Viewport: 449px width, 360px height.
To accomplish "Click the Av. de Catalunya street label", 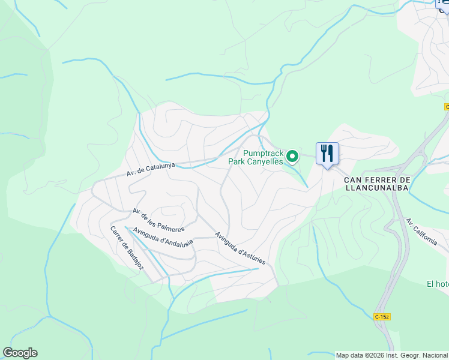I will tap(151, 169).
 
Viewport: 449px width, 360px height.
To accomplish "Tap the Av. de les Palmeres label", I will tap(158, 220).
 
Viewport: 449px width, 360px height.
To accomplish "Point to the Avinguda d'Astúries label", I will tap(240, 248).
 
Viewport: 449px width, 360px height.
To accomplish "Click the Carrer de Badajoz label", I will tap(127, 248).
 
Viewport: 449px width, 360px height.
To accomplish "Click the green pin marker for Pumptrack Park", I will tap(292, 157).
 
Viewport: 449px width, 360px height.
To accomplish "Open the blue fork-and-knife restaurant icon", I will tap(327, 154).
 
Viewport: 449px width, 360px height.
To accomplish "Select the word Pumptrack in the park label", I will tap(263, 153).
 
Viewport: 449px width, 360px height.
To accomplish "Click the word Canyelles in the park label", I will tap(267, 161).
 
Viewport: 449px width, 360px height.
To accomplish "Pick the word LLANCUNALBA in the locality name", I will tap(376, 188).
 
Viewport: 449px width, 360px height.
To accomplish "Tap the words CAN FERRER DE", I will tap(376, 180).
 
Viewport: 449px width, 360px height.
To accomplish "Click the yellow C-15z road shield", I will tap(382, 316).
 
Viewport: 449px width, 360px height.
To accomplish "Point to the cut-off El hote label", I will tap(438, 284).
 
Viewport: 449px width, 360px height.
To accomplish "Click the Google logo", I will tap(20, 353).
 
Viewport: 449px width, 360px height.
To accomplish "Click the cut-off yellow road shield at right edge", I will tap(447, 106).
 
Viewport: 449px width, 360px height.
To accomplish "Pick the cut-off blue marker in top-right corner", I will tap(443, 4).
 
